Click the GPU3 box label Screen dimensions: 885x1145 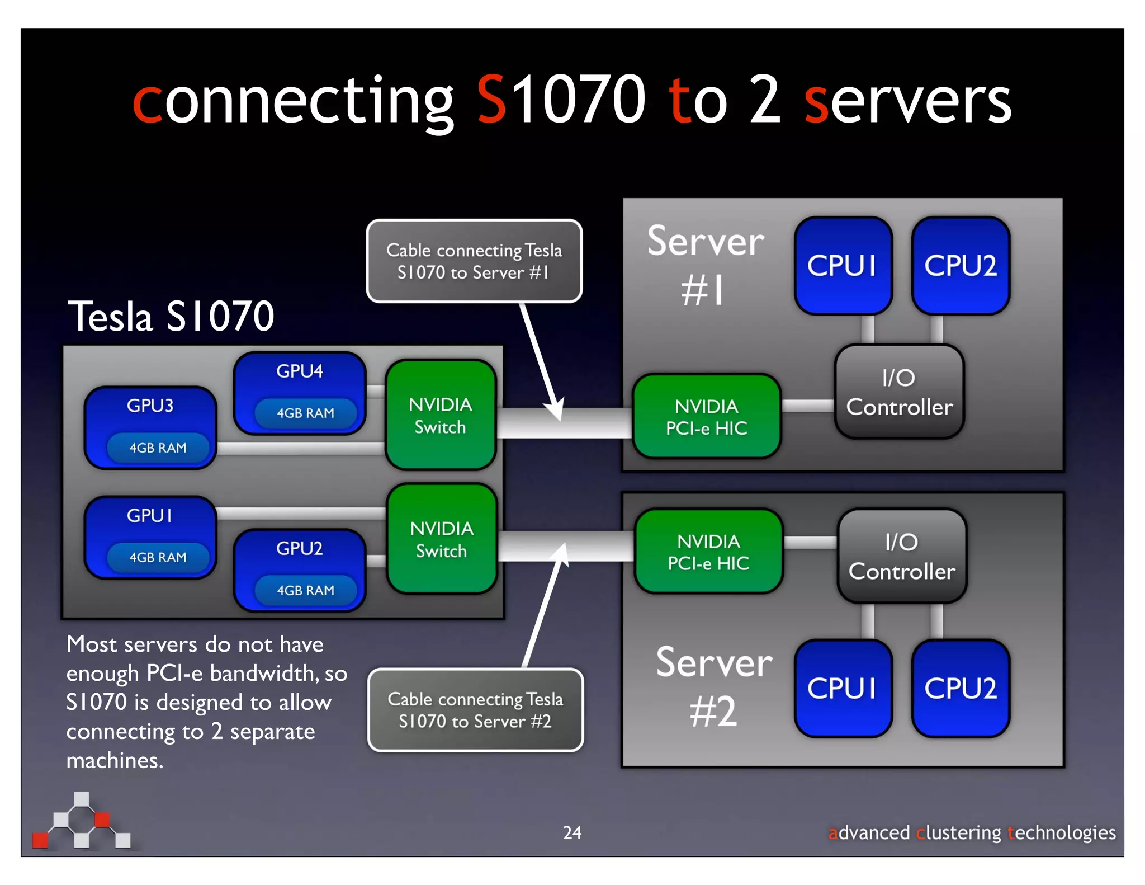[x=150, y=406]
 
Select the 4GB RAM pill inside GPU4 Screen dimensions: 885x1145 [x=305, y=413]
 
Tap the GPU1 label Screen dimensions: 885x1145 [x=149, y=515]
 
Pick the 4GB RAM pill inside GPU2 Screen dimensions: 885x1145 [x=305, y=590]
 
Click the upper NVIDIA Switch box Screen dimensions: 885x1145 [x=441, y=415]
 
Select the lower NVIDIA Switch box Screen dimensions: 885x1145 [x=442, y=539]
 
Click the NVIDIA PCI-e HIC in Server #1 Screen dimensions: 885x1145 [x=706, y=417]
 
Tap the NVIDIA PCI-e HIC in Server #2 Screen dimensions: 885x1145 [x=708, y=552]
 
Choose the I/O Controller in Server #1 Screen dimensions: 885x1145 [x=899, y=392]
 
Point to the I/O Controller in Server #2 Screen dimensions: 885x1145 [x=902, y=556]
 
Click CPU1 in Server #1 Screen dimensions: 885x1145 [x=843, y=266]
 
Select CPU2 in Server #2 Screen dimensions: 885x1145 [x=960, y=688]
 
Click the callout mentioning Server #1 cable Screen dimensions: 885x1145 [x=474, y=261]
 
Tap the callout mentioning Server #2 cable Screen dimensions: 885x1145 [x=475, y=710]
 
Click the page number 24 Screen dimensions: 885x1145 [x=572, y=832]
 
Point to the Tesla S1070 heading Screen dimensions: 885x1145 [x=171, y=316]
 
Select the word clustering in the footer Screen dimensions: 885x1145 [x=958, y=832]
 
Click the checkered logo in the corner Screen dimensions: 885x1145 [x=82, y=821]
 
